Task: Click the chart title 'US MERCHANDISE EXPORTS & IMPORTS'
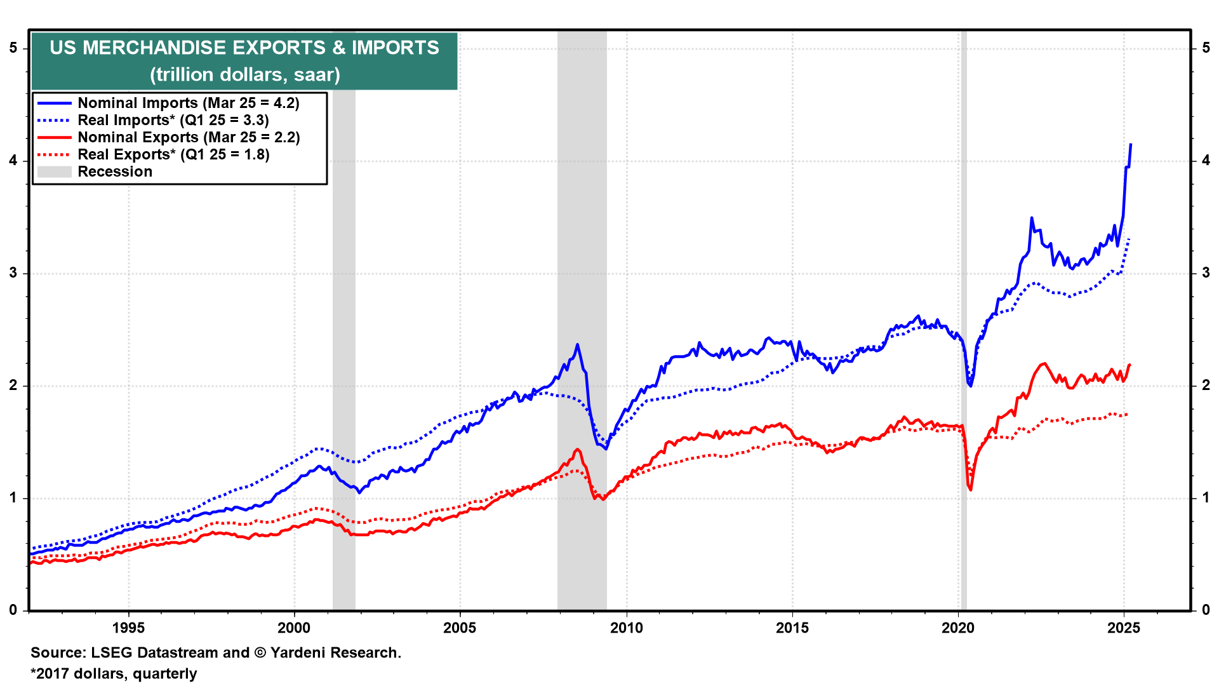[x=244, y=48]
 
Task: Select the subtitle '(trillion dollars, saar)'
[x=244, y=75]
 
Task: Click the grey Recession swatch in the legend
[x=54, y=171]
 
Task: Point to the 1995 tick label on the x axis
[x=128, y=628]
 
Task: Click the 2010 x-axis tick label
[x=626, y=628]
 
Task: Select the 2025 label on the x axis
[x=1124, y=628]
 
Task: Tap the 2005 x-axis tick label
[x=460, y=628]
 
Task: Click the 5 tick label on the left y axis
[x=13, y=48]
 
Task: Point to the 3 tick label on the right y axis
[x=1206, y=273]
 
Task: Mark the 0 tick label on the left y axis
[x=13, y=610]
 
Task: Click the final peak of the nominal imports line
[x=1131, y=145]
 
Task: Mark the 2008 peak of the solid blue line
[x=577, y=345]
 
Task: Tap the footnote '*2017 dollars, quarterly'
[x=114, y=673]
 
